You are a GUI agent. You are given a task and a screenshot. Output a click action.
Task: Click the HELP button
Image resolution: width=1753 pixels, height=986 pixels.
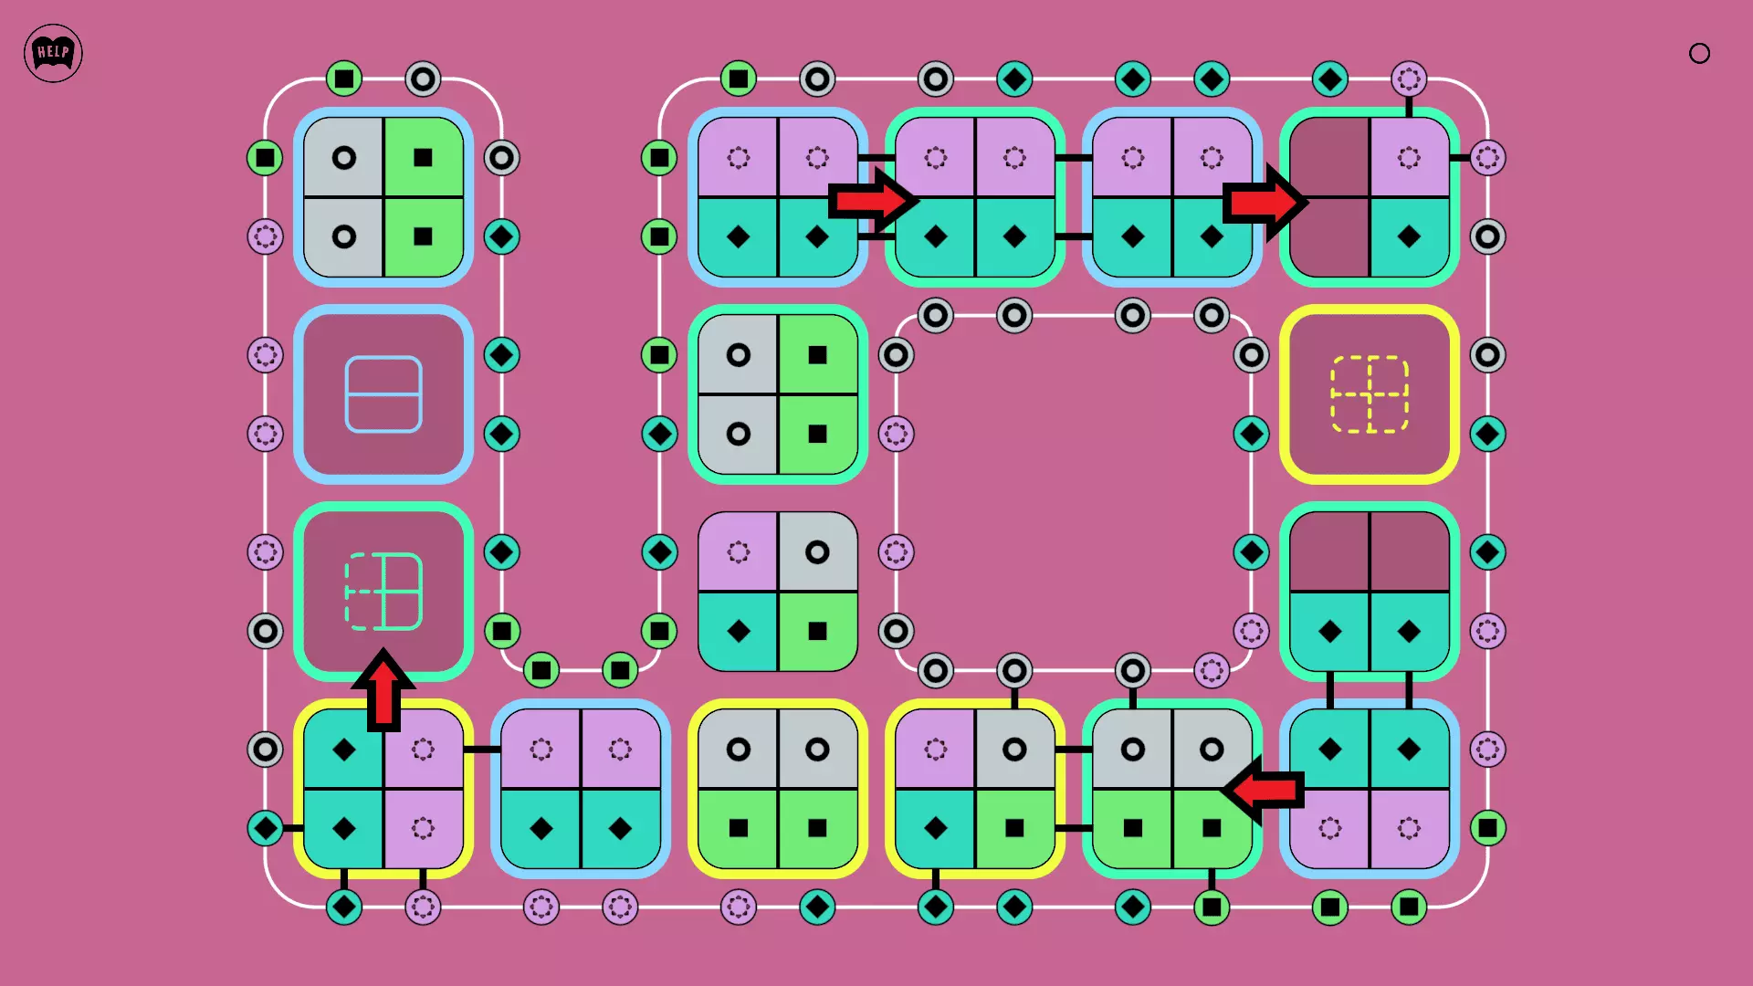click(53, 53)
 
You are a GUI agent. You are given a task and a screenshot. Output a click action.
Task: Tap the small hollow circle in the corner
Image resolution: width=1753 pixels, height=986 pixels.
click(1699, 54)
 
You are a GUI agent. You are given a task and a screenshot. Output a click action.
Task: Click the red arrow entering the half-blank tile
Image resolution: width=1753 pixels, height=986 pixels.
click(1265, 202)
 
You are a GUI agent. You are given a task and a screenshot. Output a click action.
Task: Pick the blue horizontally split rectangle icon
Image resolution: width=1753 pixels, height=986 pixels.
click(383, 394)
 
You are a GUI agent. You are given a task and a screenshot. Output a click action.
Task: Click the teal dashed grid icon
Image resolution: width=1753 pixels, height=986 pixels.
click(383, 592)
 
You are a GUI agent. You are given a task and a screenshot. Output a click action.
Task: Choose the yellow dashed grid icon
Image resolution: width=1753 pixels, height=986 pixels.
click(1370, 394)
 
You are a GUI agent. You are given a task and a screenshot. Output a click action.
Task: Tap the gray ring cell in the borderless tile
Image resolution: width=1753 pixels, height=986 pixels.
click(817, 552)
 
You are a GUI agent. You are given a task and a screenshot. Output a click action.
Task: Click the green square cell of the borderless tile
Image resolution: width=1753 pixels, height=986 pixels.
click(817, 631)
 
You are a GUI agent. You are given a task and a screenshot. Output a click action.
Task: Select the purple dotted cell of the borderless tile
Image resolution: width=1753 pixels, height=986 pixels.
click(739, 552)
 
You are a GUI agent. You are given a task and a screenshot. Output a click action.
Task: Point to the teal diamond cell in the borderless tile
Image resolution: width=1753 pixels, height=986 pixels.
click(739, 631)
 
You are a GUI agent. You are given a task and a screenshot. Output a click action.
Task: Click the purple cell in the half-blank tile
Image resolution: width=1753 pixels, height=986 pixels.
click(1409, 158)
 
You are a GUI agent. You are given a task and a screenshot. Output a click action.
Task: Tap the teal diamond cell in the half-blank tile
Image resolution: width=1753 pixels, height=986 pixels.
click(1409, 236)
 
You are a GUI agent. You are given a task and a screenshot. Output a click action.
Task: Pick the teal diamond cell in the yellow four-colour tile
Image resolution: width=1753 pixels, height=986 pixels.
click(936, 828)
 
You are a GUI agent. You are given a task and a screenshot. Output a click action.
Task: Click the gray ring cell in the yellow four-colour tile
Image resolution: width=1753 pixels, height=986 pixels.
click(1014, 750)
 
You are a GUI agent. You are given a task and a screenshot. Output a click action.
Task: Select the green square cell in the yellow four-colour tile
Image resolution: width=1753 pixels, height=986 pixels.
click(1014, 828)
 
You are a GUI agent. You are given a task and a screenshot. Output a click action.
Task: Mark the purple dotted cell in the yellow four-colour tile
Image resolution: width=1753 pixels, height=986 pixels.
click(936, 750)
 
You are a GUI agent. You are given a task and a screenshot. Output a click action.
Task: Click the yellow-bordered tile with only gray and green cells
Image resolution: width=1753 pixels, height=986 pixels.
click(778, 789)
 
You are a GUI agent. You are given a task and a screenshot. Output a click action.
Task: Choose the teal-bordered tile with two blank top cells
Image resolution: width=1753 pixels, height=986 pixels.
click(1370, 592)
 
